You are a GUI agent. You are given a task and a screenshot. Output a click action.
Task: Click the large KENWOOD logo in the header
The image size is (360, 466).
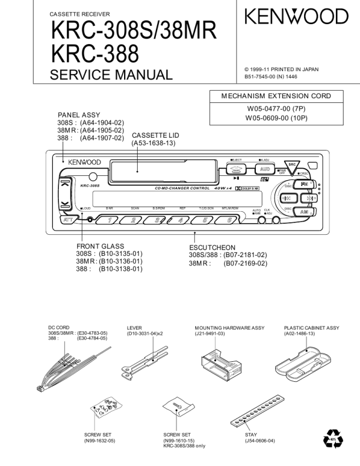[x=297, y=16]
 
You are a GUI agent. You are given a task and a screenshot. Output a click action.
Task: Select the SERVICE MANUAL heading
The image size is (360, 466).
[x=111, y=74]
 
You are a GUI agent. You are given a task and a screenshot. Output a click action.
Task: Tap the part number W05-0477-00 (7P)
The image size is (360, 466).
[x=276, y=109]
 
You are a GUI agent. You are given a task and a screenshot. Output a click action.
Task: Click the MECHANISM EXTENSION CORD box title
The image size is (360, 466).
[x=276, y=96]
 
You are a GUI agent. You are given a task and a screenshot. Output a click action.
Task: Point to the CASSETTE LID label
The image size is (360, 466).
[x=155, y=135]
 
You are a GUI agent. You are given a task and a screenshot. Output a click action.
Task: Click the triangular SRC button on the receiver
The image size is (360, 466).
[x=291, y=168]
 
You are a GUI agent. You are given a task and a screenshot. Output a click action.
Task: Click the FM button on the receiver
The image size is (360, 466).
[x=304, y=184]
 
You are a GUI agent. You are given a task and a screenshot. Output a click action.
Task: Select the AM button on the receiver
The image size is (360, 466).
[x=304, y=211]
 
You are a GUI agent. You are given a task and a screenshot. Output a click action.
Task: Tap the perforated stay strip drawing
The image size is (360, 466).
[x=253, y=412]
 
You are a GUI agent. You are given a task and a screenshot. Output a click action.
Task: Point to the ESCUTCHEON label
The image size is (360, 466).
[x=212, y=248]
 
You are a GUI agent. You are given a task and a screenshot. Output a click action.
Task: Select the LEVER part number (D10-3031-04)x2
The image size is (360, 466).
[x=145, y=334]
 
